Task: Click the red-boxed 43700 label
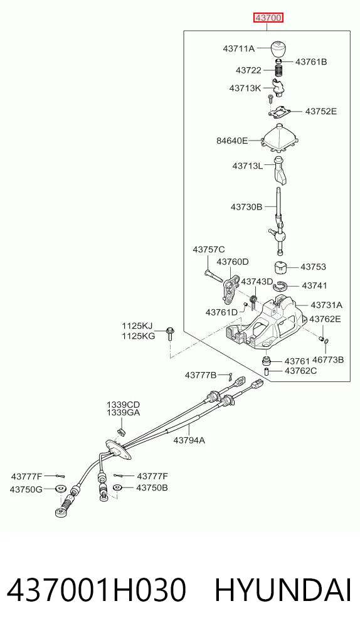pyautogui.click(x=268, y=18)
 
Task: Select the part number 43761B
pyautogui.click(x=311, y=62)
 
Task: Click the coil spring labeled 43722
pyautogui.click(x=278, y=70)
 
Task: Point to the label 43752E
pyautogui.click(x=321, y=111)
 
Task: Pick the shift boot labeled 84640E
pyautogui.click(x=279, y=139)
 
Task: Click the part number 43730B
pyautogui.click(x=246, y=206)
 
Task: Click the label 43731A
pyautogui.click(x=327, y=305)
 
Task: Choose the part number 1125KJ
pyautogui.click(x=137, y=326)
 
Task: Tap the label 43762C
pyautogui.click(x=300, y=371)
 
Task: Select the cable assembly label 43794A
pyautogui.click(x=189, y=440)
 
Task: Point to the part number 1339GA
pyautogui.click(x=124, y=413)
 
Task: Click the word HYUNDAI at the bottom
pyautogui.click(x=283, y=590)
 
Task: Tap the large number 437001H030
pyautogui.click(x=97, y=590)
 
